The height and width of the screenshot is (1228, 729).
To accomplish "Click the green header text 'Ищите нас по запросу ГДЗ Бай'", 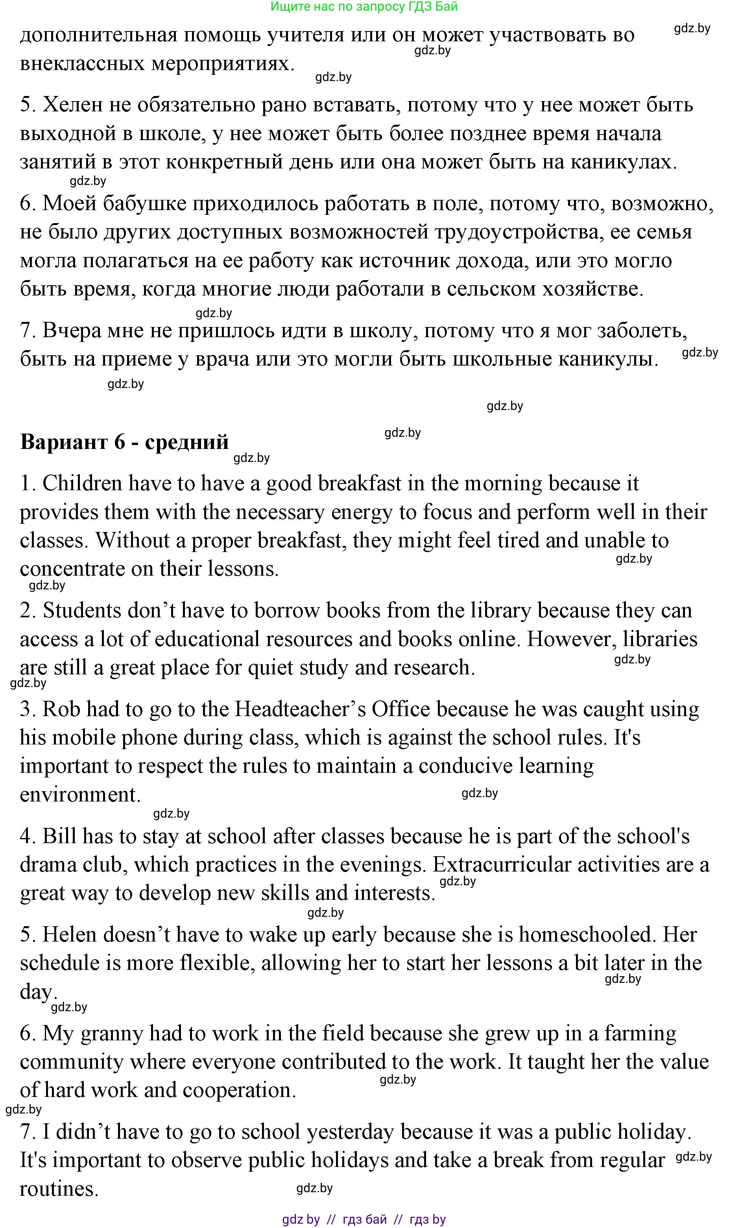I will point(364,6).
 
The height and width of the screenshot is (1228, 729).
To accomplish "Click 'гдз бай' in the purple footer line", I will point(364,1219).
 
